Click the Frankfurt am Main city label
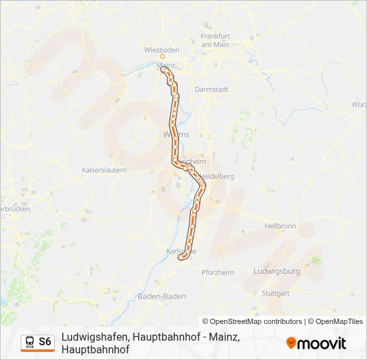[215, 39]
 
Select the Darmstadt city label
[212, 89]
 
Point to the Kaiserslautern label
[104, 170]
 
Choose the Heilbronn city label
[280, 226]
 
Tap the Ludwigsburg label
[277, 271]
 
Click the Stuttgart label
[276, 293]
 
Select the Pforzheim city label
[218, 272]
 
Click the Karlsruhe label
[180, 251]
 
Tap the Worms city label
[176, 134]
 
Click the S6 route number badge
[45, 341]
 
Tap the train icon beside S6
[29, 342]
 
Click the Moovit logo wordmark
[322, 343]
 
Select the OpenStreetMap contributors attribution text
[252, 321]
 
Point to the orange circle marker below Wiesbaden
[152, 57]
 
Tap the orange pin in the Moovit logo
[291, 343]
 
